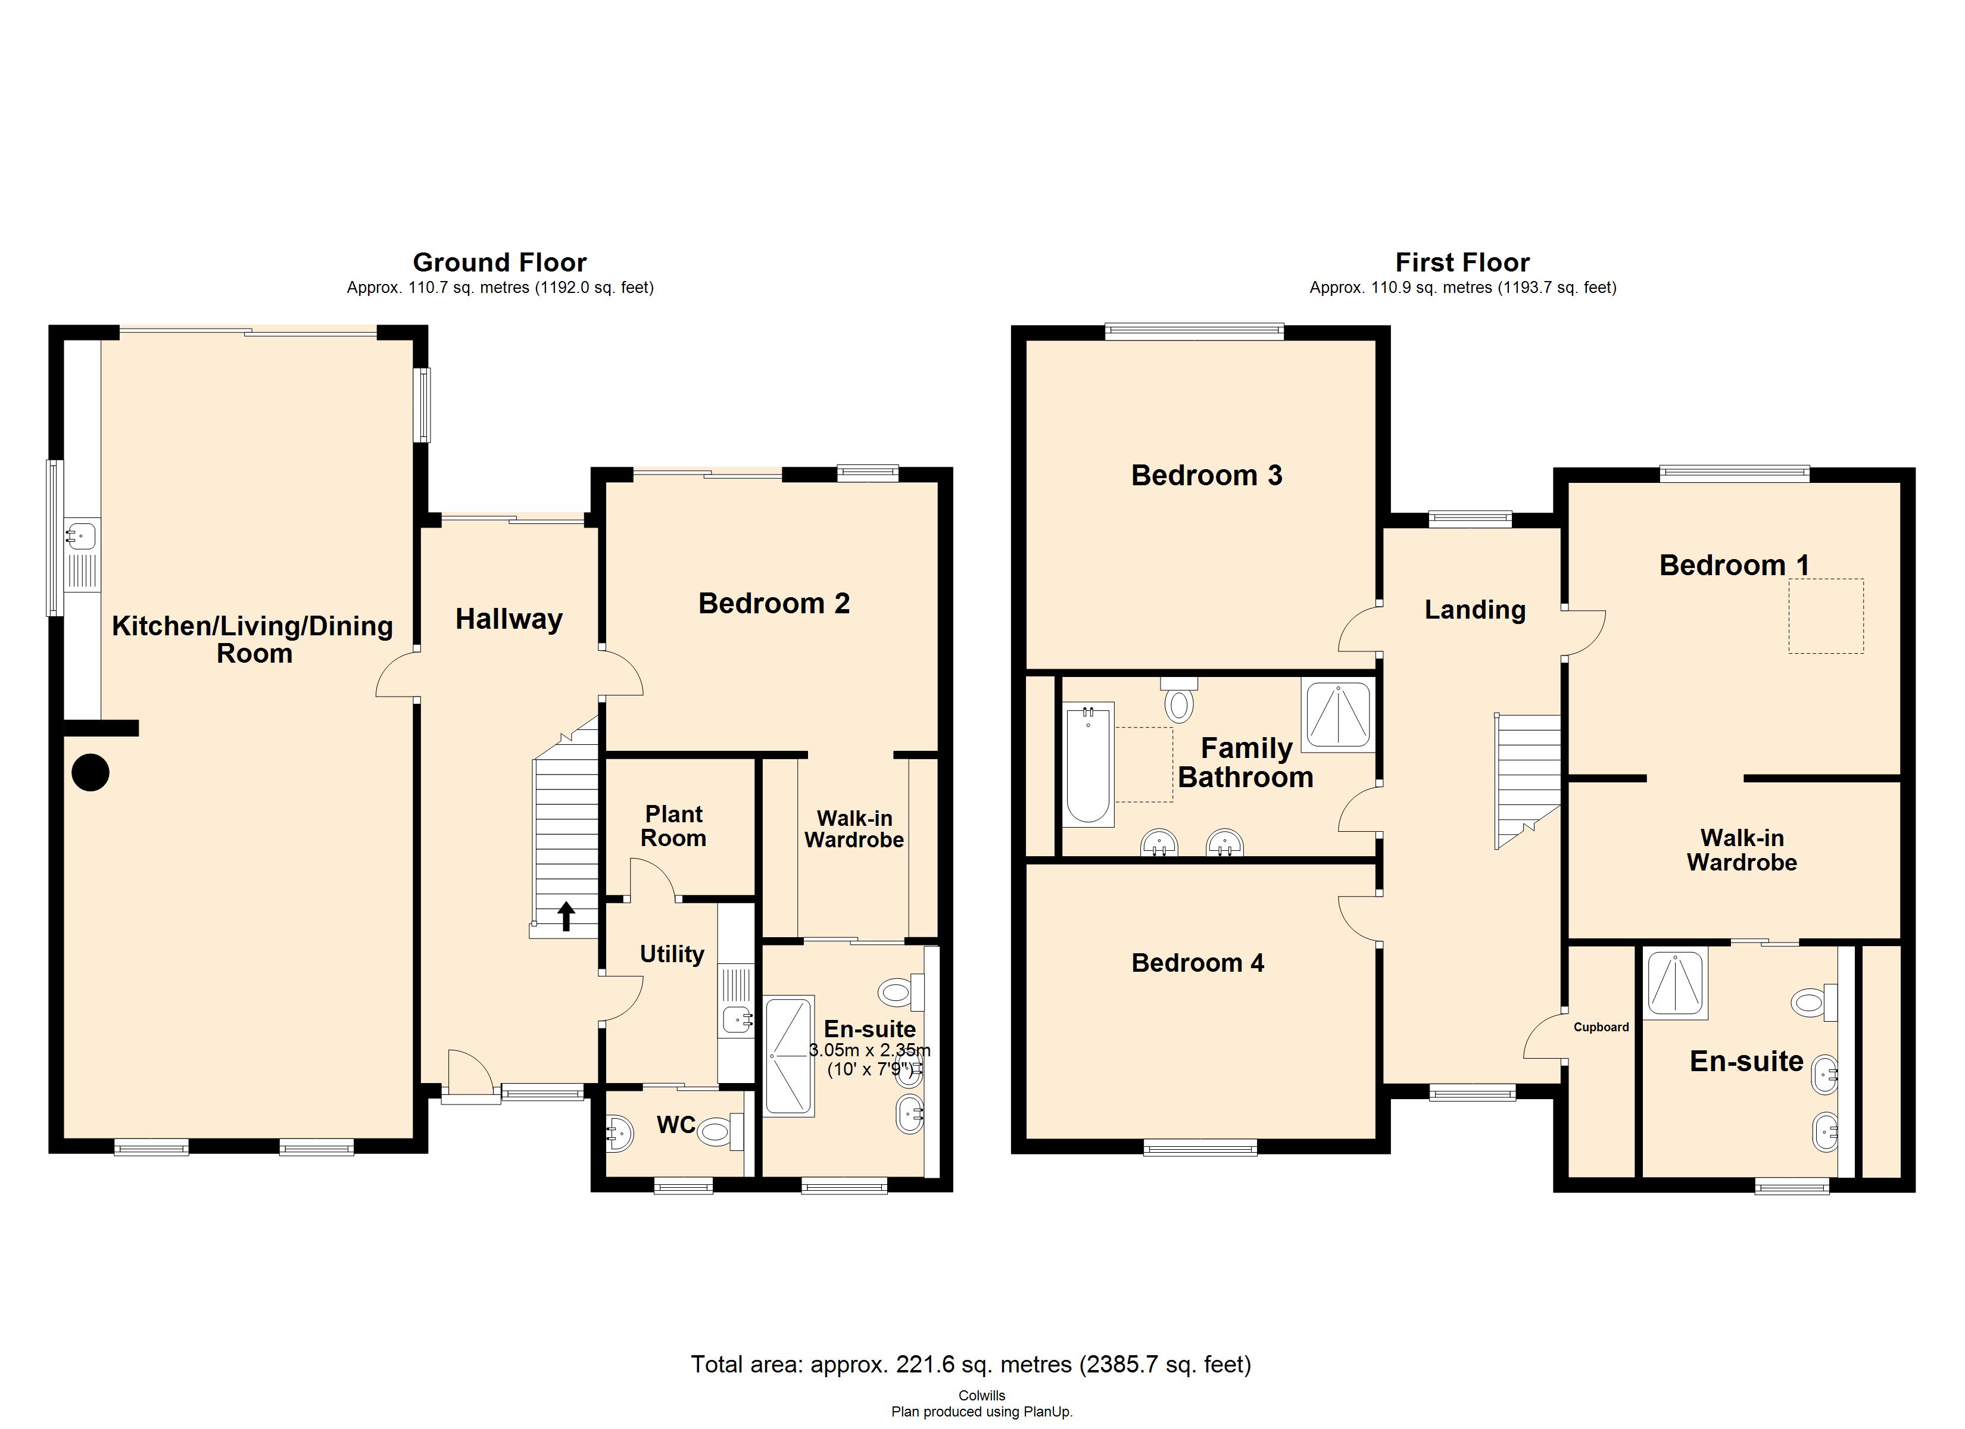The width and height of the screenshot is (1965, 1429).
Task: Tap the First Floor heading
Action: click(1462, 262)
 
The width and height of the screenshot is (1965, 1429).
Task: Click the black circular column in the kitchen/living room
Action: click(90, 772)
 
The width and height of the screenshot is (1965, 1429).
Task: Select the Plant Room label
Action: click(673, 826)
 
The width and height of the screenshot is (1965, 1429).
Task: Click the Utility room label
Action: click(672, 954)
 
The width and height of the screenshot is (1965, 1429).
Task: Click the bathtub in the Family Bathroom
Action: click(1088, 765)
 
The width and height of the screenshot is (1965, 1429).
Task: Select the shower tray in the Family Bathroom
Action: click(1338, 715)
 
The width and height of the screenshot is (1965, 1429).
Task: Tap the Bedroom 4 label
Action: click(1197, 963)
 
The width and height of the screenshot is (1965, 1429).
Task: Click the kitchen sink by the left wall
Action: click(82, 535)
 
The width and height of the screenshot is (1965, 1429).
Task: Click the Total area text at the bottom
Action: click(971, 1364)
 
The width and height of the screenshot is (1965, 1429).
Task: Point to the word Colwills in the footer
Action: click(982, 1395)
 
